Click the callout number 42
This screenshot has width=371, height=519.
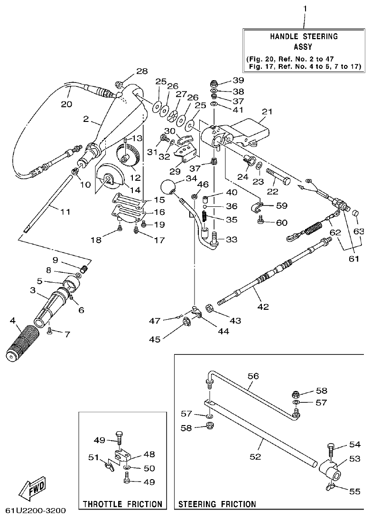263,307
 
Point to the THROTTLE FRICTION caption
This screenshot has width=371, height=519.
122,504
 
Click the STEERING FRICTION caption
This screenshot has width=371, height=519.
217,504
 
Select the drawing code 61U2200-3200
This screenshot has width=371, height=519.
36,511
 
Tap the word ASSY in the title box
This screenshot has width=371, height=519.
304,47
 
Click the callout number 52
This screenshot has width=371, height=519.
255,456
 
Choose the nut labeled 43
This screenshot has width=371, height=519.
210,306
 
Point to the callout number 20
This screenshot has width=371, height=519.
66,103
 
